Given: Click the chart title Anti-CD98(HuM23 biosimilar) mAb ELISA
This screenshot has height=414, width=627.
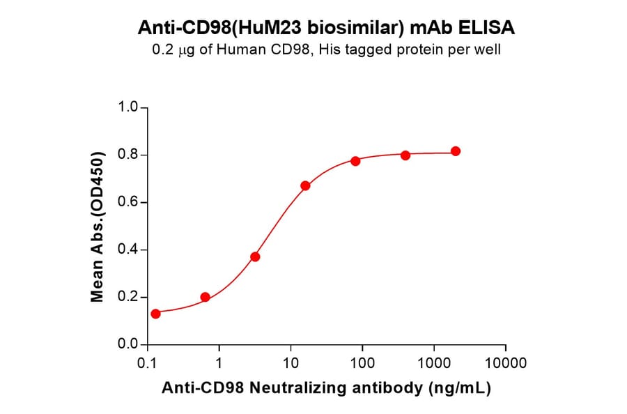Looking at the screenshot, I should pyautogui.click(x=327, y=28).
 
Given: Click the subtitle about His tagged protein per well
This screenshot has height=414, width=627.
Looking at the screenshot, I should pyautogui.click(x=327, y=49).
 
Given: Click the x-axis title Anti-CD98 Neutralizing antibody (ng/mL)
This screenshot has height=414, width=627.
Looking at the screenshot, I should pyautogui.click(x=327, y=388).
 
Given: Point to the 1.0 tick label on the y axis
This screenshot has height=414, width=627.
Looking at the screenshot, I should pyautogui.click(x=128, y=107).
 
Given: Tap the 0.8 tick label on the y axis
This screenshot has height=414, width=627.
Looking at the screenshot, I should pyautogui.click(x=128, y=155).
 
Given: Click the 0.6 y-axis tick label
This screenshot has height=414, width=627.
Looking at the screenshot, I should pyautogui.click(x=128, y=203).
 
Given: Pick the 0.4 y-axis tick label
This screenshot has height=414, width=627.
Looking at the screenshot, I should pyautogui.click(x=128, y=250).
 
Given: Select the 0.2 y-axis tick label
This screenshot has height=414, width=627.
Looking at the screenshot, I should pyautogui.click(x=128, y=298).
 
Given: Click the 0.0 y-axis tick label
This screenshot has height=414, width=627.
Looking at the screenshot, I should pyautogui.click(x=128, y=345).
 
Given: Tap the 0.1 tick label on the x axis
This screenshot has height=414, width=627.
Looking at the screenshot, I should pyautogui.click(x=147, y=363).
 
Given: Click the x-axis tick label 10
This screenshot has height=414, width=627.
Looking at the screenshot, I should pyautogui.click(x=291, y=363).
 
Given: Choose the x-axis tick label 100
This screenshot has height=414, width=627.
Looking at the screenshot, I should pyautogui.click(x=362, y=363).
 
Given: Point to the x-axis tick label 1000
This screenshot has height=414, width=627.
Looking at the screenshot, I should pyautogui.click(x=434, y=363).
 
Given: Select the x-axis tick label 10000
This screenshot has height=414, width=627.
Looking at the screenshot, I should pyautogui.click(x=505, y=363).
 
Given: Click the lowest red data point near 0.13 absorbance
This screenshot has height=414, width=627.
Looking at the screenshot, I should pyautogui.click(x=155, y=314).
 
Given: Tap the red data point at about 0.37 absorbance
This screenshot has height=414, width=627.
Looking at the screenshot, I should pyautogui.click(x=255, y=256).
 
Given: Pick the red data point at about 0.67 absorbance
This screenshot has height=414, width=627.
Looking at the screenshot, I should pyautogui.click(x=305, y=185).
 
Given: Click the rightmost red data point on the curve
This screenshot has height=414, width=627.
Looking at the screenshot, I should pyautogui.click(x=456, y=151).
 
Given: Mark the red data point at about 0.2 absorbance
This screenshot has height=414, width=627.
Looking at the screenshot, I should pyautogui.click(x=205, y=297).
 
